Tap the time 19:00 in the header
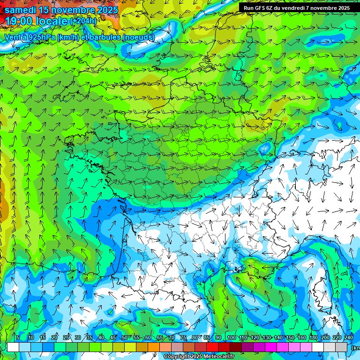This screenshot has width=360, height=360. pos(20,21)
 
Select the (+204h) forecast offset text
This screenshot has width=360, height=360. pos(83,21)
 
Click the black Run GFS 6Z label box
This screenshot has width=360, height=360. pos(296,8)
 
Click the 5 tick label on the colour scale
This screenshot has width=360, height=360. pos(18,338)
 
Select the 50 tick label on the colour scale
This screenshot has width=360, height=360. pos(124,338)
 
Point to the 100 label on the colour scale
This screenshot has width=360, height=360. pos(231,338)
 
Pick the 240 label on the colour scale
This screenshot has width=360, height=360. pos(348,338)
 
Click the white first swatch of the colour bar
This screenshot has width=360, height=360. pos(13,347)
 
